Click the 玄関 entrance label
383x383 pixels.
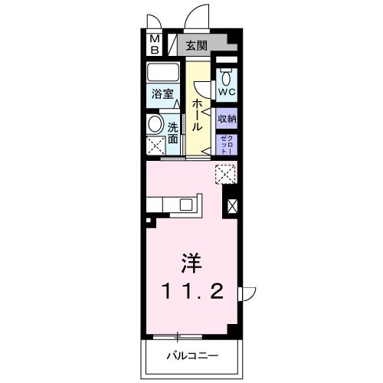[196, 46]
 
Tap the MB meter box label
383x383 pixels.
[154, 44]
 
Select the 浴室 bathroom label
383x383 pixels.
[162, 95]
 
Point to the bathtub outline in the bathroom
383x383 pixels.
[163, 74]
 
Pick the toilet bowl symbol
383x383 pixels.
[227, 77]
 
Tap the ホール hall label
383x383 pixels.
[198, 116]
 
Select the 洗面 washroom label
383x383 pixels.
[173, 132]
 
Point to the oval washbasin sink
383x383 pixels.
[155, 124]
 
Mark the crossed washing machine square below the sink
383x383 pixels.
[155, 145]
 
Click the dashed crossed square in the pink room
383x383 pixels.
[224, 175]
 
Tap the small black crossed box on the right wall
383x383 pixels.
[232, 205]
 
